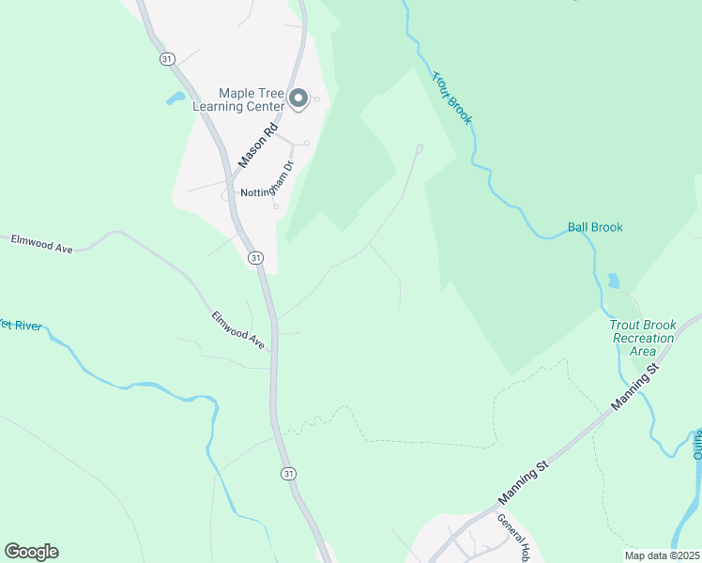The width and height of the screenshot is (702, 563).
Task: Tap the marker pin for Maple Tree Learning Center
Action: (298, 98)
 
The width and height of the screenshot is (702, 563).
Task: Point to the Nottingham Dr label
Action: (268, 180)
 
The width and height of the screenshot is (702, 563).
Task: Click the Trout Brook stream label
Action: (451, 98)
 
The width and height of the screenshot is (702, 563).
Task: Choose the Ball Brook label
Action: (595, 227)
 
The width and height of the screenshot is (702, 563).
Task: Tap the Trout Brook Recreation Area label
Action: (643, 338)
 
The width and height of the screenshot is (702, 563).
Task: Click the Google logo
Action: (31, 552)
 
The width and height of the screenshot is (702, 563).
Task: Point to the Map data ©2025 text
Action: (661, 555)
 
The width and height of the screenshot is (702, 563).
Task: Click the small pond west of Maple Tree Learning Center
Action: (175, 98)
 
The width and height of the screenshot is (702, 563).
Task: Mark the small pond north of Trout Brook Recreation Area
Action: (614, 281)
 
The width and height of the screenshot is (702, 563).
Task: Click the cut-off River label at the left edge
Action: (20, 326)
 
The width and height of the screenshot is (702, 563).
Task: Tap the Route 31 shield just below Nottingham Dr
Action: (255, 257)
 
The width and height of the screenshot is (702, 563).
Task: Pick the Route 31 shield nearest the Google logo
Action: (287, 474)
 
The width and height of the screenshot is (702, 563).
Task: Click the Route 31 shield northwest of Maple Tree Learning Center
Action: (166, 58)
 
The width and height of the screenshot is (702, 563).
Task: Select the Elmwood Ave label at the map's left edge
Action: (42, 242)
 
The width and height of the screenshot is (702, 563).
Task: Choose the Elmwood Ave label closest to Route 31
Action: (238, 330)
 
